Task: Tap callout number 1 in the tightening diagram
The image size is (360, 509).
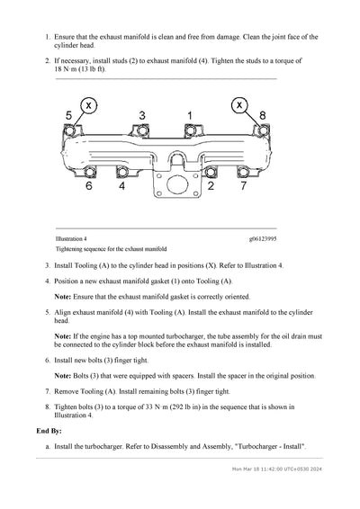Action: (189, 115)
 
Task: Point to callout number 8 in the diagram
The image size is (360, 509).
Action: (263, 115)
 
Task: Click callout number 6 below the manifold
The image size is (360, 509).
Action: (89, 187)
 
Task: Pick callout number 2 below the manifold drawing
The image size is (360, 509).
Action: (210, 187)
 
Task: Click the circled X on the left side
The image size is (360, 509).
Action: (88, 105)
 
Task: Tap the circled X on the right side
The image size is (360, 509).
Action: (239, 105)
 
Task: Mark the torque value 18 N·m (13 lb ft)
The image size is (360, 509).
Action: (79, 67)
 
